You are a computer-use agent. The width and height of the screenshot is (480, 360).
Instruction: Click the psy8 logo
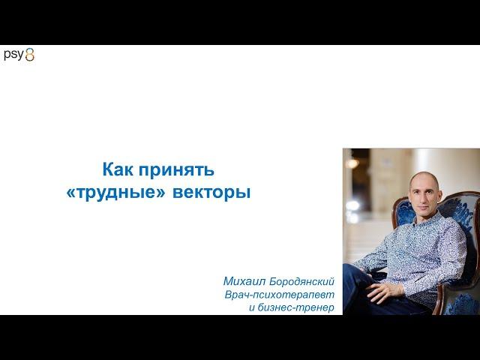pyautogui.click(x=19, y=55)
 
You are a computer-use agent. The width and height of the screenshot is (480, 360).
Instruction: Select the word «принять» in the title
pyautogui.click(x=177, y=170)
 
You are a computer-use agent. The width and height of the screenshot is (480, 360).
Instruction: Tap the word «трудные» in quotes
pyautogui.click(x=120, y=193)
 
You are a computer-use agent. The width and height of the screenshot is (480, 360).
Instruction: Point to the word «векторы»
pyautogui.click(x=211, y=193)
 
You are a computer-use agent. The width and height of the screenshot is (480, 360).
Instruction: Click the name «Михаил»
pyautogui.click(x=244, y=281)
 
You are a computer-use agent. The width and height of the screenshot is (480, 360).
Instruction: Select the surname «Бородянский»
pyautogui.click(x=301, y=282)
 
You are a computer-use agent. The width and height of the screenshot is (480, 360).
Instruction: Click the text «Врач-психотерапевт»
pyautogui.click(x=280, y=295)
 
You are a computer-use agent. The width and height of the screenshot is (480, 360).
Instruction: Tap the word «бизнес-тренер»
pyautogui.click(x=295, y=307)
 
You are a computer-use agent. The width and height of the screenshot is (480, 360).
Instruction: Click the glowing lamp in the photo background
pyautogui.click(x=352, y=163)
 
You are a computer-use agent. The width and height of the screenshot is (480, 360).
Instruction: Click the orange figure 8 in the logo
pyautogui.click(x=30, y=55)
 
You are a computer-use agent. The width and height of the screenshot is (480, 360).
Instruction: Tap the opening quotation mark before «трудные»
pyautogui.click(x=70, y=194)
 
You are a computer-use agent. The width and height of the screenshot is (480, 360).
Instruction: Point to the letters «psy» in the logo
pyautogui.click(x=13, y=55)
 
